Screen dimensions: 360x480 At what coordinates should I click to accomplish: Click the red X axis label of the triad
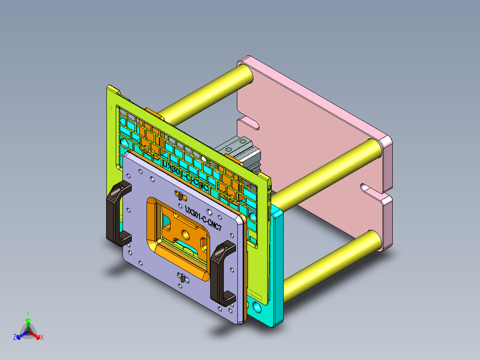42,337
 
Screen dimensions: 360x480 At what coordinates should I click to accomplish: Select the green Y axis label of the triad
28,313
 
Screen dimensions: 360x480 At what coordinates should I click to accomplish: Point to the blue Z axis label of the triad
15,338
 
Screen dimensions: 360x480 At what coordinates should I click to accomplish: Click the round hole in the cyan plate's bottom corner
256,307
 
